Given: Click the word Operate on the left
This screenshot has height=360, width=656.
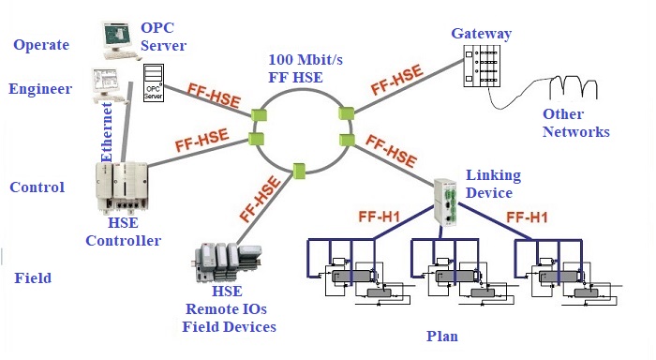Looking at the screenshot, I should tap(39, 44).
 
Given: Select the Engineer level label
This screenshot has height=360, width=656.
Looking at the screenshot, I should tap(40, 89).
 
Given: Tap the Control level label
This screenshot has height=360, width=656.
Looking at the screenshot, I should tap(37, 187).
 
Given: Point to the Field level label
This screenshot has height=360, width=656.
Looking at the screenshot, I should tap(33, 278).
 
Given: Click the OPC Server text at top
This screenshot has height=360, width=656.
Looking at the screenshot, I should tap(163, 37).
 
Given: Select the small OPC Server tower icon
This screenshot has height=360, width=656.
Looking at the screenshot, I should tap(155, 83).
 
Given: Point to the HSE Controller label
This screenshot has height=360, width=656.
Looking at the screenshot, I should tap(123, 232).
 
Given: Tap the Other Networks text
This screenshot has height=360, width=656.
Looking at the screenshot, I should tap(575, 123).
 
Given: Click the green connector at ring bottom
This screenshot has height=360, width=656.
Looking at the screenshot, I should tap(300, 171).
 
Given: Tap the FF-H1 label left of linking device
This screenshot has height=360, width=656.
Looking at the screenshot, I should tap(381, 217).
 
